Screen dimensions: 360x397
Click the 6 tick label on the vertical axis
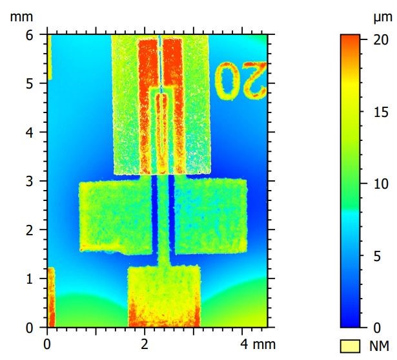[29, 36]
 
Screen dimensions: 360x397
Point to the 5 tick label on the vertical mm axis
[29, 84]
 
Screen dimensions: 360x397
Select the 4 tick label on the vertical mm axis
[29, 132]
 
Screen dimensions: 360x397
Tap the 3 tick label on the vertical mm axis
[29, 181]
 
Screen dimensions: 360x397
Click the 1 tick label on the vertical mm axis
[29, 279]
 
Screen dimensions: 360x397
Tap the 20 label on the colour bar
[380, 39]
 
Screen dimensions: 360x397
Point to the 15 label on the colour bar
[380, 111]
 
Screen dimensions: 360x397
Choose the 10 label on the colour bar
[380, 184]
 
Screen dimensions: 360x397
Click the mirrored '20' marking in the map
[239, 81]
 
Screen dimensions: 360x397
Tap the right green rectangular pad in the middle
[210, 217]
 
